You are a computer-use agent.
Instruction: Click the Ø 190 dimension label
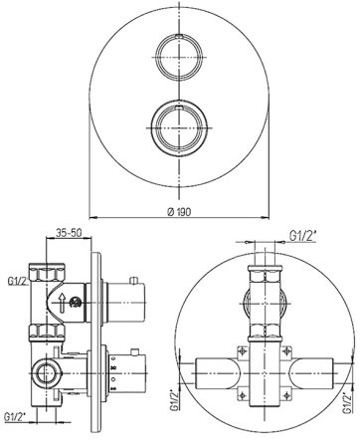coord(179,212)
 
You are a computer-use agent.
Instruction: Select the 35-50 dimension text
coord(69,233)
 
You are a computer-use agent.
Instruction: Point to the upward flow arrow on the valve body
coord(63,302)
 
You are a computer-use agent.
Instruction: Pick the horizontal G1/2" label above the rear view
coord(303,236)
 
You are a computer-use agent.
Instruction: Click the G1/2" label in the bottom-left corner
coord(15,417)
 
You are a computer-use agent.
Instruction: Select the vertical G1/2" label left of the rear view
coord(175,400)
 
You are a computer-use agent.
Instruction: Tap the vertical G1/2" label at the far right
coord(348,403)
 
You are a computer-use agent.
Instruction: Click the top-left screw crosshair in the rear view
coord(243,351)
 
